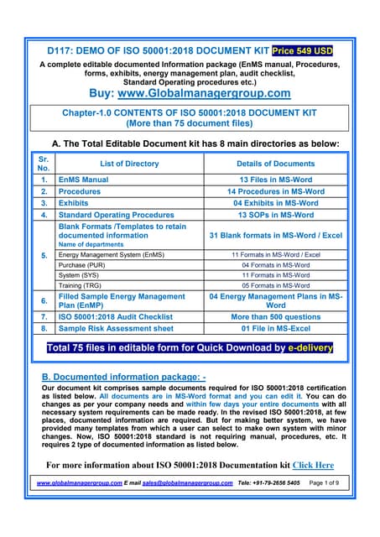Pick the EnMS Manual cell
point(84,180)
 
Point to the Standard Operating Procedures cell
point(117,215)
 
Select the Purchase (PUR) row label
point(85,264)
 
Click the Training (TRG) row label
point(82,285)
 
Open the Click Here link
point(313,464)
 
